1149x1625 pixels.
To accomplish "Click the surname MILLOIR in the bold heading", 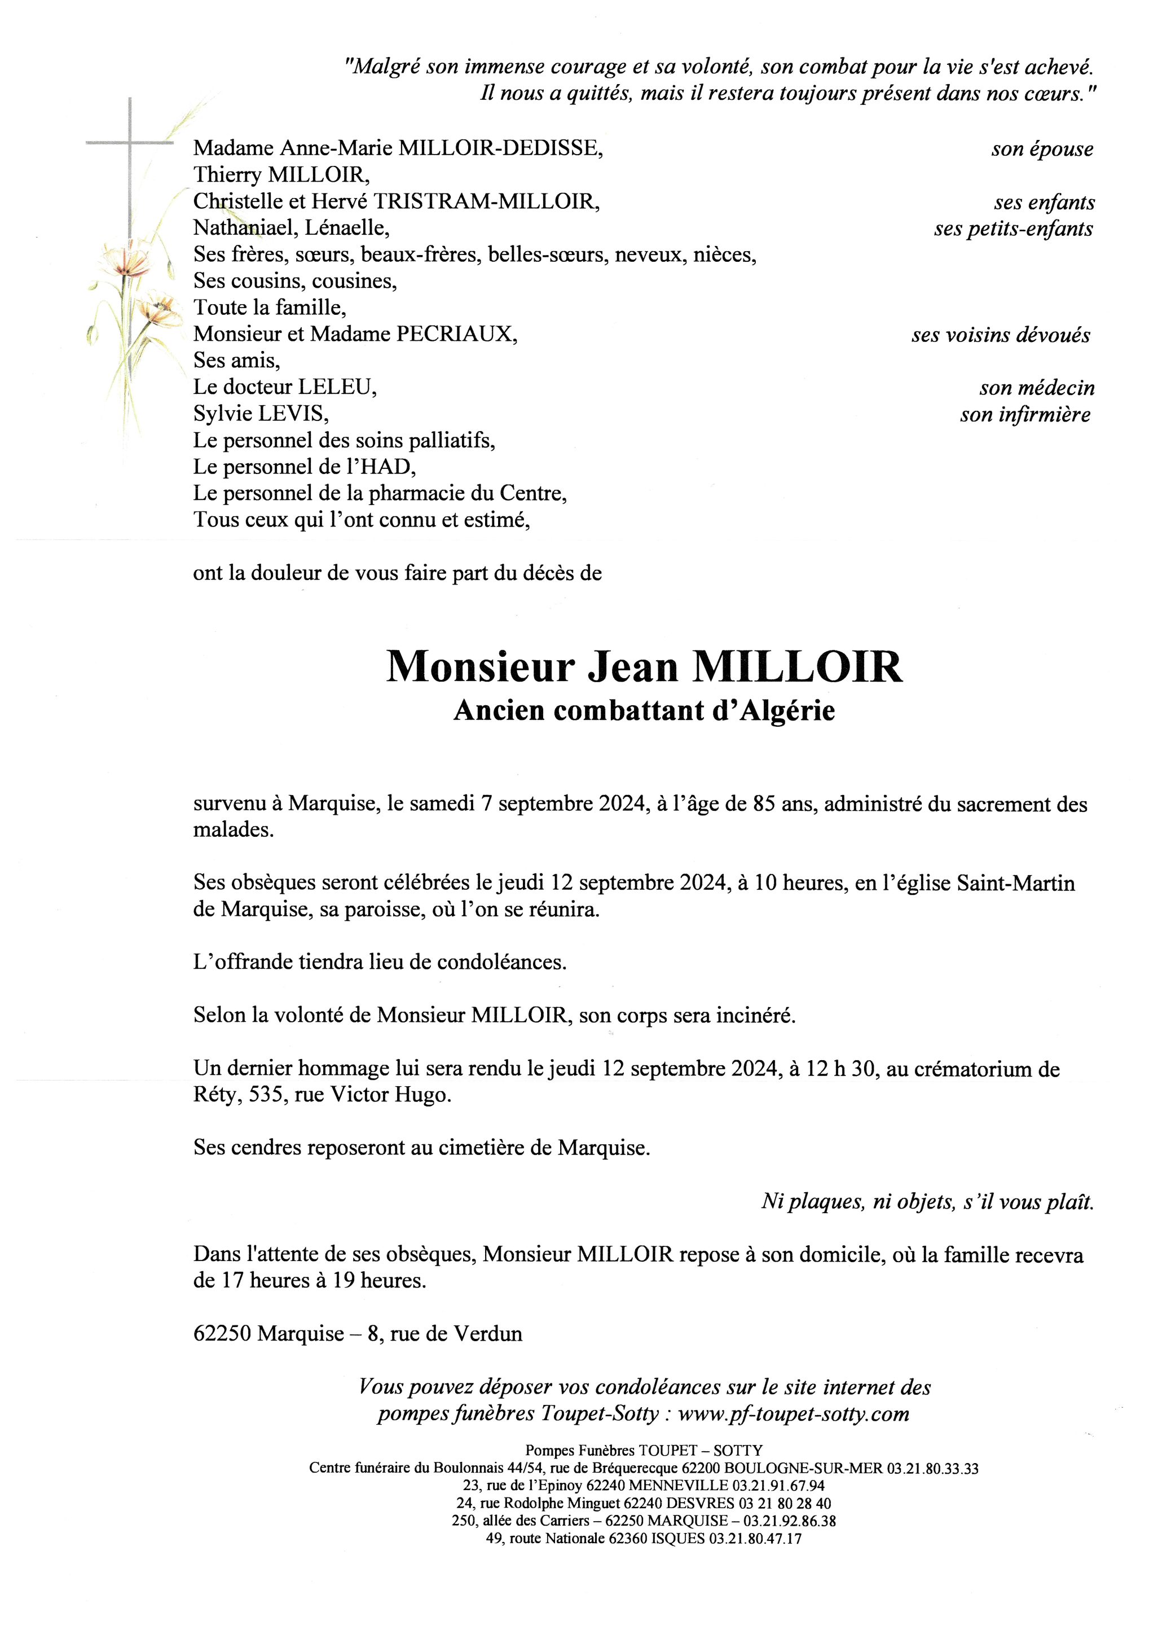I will point(798,667).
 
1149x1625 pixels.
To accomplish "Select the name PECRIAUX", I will point(456,334).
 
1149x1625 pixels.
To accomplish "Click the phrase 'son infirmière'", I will point(1024,415).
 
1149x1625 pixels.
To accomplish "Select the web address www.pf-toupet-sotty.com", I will point(793,1414).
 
